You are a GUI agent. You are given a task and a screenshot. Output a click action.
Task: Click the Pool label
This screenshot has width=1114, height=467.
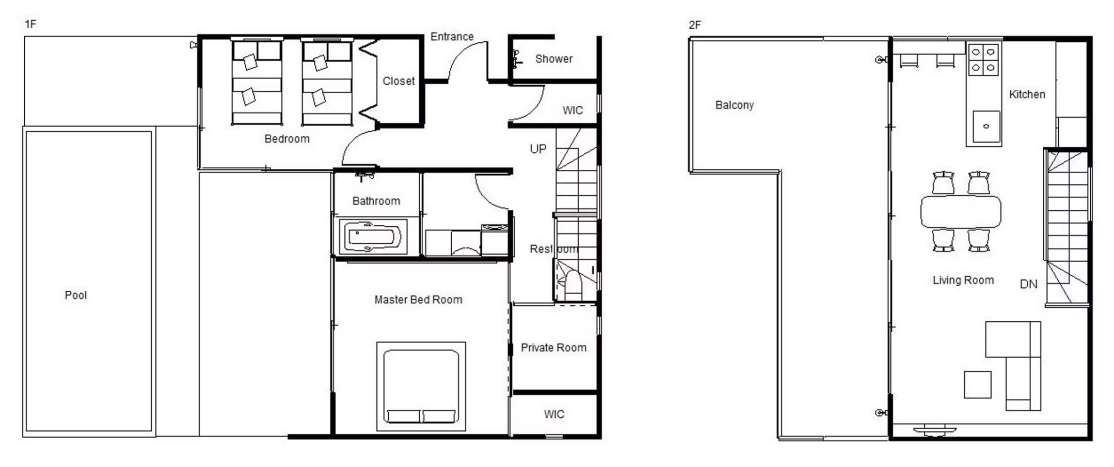[76, 295]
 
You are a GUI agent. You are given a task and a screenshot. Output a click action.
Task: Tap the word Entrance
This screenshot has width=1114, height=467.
[452, 37]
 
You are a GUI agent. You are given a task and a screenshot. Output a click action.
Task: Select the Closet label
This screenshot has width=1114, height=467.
[399, 81]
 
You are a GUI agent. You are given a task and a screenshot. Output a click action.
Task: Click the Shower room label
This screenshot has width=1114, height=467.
[554, 59]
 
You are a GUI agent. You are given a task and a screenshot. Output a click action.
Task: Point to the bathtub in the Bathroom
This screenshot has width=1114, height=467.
[372, 237]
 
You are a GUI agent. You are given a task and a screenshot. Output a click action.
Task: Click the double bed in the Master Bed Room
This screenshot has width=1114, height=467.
[421, 386]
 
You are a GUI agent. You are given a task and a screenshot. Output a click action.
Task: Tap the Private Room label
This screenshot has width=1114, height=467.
[553, 348]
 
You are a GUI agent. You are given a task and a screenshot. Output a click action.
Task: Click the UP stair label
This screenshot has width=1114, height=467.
[538, 149]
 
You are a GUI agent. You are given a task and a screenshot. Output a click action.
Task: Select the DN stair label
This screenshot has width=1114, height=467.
[1029, 284]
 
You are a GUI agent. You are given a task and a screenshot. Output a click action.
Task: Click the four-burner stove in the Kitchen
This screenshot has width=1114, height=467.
[983, 60]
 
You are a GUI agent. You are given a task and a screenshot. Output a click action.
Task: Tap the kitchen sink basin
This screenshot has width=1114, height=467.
[986, 127]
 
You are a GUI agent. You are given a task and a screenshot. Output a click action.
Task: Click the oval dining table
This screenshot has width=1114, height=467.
[961, 211]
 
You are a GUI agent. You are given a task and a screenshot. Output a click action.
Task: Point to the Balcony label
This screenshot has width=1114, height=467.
[735, 105]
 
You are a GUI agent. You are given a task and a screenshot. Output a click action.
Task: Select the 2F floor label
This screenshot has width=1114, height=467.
[695, 25]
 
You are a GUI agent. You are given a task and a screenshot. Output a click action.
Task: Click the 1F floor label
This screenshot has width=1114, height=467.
[30, 24]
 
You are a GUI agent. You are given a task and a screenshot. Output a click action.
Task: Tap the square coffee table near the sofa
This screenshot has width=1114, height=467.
[978, 385]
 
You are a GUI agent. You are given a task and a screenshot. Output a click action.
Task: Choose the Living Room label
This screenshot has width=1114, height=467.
[963, 280]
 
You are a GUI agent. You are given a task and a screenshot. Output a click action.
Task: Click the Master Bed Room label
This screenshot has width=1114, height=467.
[418, 300]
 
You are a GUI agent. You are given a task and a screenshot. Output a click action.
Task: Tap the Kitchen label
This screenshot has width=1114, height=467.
[1027, 95]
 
